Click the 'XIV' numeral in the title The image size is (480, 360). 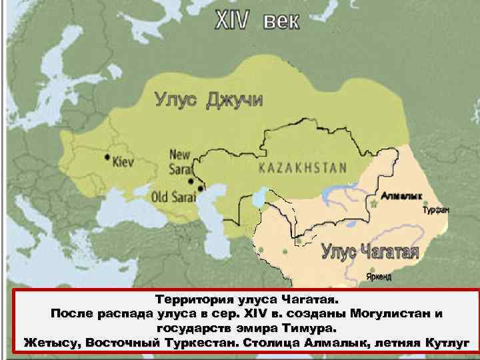[x=230, y=21]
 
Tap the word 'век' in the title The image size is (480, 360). [x=281, y=21]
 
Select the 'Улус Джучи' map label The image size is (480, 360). [x=209, y=100]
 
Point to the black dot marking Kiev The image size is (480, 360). [x=107, y=157]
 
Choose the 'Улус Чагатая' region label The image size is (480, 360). [x=370, y=252]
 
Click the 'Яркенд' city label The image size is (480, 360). [x=379, y=276]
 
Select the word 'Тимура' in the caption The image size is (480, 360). [x=311, y=328]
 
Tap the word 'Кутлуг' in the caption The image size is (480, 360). [x=446, y=343]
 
